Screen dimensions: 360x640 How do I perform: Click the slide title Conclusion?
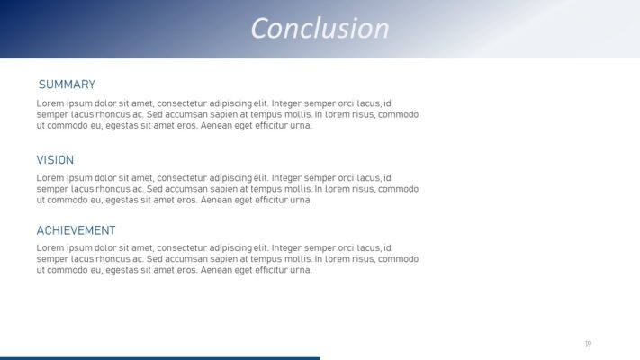pos(320,29)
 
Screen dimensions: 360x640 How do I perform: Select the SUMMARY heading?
pos(67,85)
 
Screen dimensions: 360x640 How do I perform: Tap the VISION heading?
pos(55,160)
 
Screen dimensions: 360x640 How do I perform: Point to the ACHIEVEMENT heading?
pos(76,230)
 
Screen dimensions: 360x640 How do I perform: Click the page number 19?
pos(588,344)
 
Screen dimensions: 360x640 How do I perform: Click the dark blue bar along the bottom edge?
pos(159,357)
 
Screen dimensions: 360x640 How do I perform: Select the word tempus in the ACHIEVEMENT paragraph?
pos(264,259)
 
